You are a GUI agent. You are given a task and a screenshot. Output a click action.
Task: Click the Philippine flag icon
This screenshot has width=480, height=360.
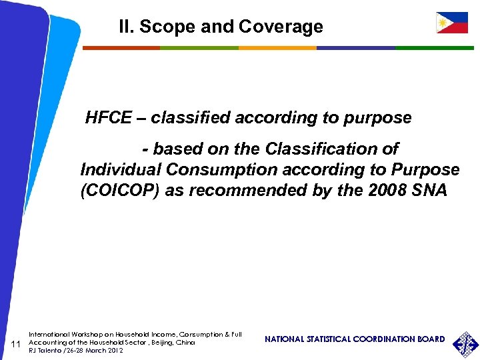point(451,23)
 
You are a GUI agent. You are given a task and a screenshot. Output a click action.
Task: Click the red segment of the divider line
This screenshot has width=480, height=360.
point(121,48)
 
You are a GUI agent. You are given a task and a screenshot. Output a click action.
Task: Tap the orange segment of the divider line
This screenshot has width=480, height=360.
point(277,48)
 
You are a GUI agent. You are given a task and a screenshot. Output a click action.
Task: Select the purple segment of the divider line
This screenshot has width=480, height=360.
point(355,48)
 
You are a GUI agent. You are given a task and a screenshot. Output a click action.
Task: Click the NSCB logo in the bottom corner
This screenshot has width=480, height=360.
point(465,344)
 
